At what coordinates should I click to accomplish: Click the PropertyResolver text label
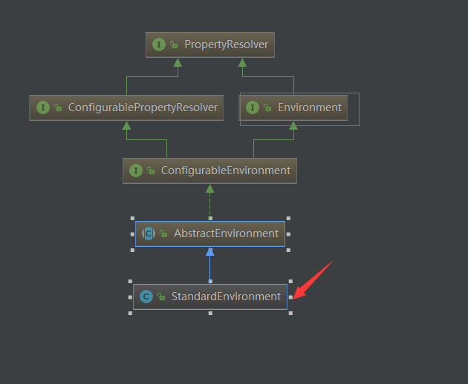coord(226,44)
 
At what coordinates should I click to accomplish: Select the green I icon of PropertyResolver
coord(158,44)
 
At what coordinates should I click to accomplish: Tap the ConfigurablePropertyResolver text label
coord(143,107)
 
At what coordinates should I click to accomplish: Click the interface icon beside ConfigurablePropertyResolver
coord(42,107)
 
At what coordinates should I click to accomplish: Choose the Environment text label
coord(309,107)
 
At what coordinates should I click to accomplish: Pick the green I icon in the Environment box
coord(252,107)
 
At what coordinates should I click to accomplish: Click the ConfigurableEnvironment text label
coord(225,171)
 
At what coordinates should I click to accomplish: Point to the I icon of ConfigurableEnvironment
coord(135,171)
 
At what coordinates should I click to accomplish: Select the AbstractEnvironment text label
coord(226,234)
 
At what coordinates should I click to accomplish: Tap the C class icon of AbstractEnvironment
coord(148,234)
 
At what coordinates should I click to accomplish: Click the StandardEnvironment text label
coord(226,297)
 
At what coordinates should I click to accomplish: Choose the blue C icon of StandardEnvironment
coord(146,297)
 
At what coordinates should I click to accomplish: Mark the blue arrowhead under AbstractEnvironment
coord(210,251)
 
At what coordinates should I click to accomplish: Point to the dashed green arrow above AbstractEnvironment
coord(210,200)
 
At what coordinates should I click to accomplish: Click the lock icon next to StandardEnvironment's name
coord(160,297)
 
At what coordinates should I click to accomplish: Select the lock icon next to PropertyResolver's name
coord(173,45)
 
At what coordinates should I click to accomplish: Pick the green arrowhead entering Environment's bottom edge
coord(293,126)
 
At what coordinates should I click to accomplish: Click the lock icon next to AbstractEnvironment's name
coord(162,234)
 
